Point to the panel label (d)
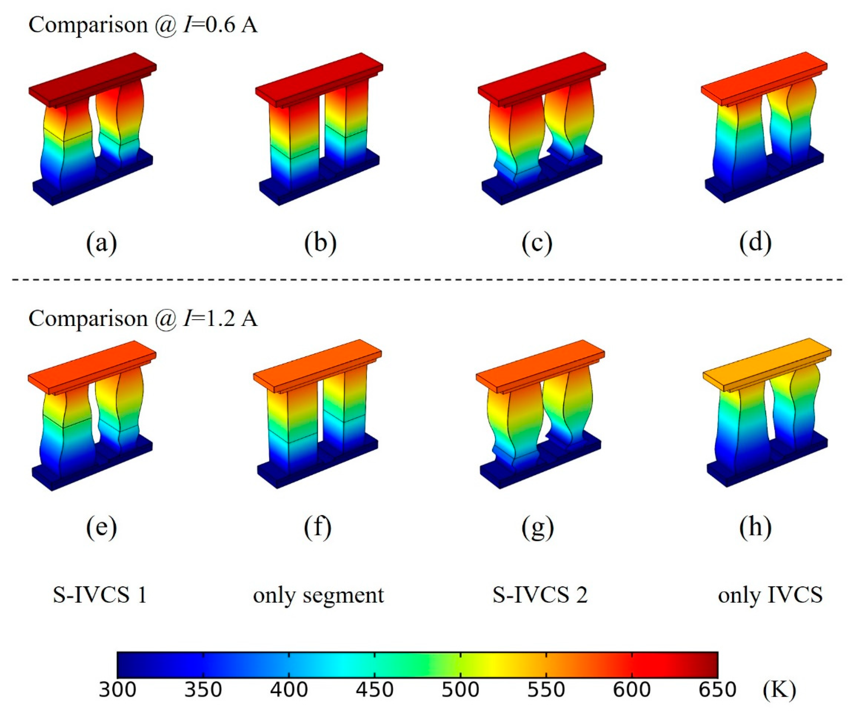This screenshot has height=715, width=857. click(755, 243)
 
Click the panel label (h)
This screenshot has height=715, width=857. click(755, 527)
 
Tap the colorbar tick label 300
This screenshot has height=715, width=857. click(117, 690)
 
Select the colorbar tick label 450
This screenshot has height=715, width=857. click(375, 690)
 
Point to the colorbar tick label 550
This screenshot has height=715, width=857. click(546, 690)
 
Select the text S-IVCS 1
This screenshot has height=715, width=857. click(100, 595)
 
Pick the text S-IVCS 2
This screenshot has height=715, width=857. click(540, 595)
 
